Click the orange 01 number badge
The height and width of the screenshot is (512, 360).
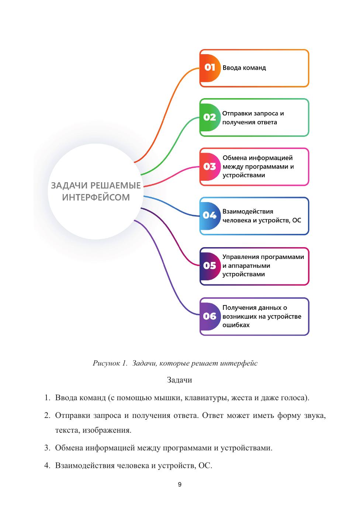click(x=210, y=68)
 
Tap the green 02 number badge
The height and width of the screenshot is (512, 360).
click(x=210, y=117)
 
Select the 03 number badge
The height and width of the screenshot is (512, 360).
click(x=210, y=166)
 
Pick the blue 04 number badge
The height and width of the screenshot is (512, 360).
click(x=210, y=215)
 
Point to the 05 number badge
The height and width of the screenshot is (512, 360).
click(x=210, y=266)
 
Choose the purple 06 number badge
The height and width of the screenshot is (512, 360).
click(x=210, y=316)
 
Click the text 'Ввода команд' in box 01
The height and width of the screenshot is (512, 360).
click(x=244, y=68)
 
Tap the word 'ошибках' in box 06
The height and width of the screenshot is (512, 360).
click(x=236, y=325)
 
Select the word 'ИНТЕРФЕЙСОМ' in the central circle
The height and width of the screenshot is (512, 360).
click(x=96, y=197)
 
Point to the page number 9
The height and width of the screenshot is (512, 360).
click(x=180, y=484)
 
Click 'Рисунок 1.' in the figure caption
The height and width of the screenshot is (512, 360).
click(x=110, y=363)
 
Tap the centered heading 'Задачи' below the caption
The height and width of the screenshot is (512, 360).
click(x=180, y=380)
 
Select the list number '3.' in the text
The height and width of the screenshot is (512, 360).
click(x=47, y=448)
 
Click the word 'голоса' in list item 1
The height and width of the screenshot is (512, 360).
click(x=293, y=398)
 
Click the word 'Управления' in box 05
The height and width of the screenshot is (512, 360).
click(x=240, y=257)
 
